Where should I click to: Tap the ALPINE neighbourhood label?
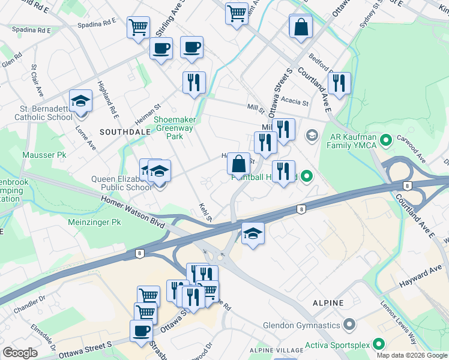(328, 303)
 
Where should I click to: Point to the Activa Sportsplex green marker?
(378, 344)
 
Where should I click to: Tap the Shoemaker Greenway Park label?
(174, 128)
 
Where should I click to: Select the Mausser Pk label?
(44, 155)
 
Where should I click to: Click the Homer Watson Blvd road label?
(132, 213)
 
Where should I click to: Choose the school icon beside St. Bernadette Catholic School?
(80, 101)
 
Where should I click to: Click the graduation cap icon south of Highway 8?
(253, 233)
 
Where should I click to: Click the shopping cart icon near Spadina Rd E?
(138, 27)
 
